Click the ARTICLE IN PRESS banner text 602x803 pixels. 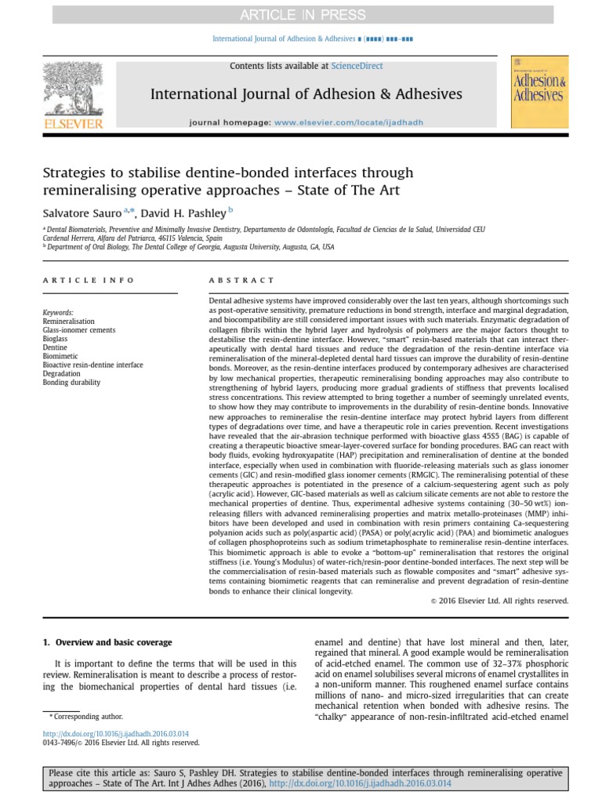click(301, 14)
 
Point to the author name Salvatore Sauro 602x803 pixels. click(83, 213)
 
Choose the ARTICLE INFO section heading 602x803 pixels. click(89, 280)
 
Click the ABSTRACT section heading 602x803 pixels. click(241, 280)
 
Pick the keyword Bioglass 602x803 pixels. click(56, 339)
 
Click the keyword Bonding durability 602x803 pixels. click(71, 382)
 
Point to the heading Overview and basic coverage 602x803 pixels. click(112, 642)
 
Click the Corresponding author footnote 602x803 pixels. click(85, 716)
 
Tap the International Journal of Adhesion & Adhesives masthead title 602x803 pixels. click(306, 95)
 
